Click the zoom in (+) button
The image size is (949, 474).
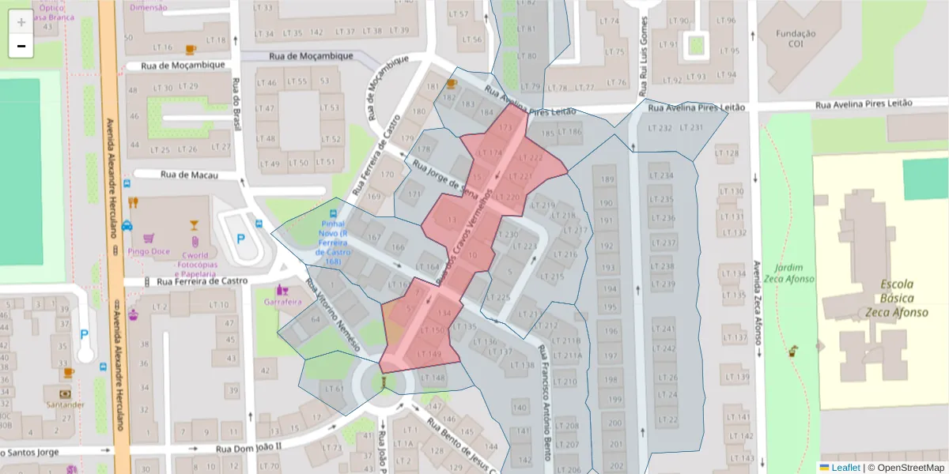21,22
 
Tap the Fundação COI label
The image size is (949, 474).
795,39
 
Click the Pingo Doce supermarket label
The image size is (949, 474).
149,251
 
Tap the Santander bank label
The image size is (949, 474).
66,404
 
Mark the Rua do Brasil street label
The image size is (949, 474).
236,104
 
